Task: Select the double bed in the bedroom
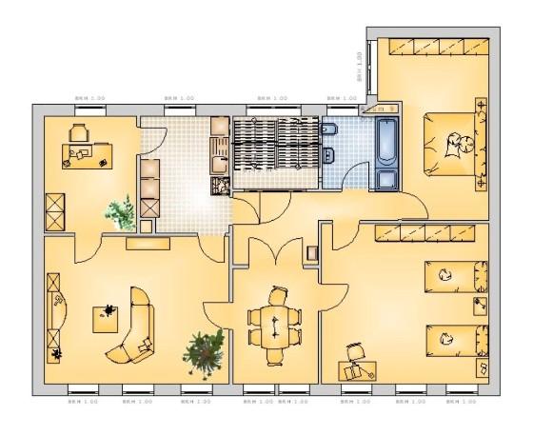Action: [x=451, y=143]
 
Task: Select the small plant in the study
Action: [x=121, y=212]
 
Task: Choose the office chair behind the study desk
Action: [x=80, y=131]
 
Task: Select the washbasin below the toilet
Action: [x=330, y=156]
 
